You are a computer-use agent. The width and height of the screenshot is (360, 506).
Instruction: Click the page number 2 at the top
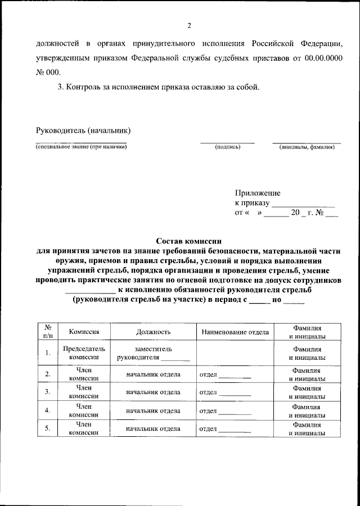click(190, 25)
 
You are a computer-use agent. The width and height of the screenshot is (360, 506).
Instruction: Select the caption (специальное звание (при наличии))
click(81, 147)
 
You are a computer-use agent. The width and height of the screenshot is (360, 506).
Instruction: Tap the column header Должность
click(153, 332)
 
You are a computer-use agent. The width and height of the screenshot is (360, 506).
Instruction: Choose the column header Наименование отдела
click(235, 332)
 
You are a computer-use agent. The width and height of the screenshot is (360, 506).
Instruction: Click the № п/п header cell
click(48, 332)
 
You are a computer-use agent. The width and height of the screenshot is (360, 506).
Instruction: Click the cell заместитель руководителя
click(153, 353)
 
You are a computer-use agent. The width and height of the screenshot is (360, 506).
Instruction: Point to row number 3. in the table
click(48, 391)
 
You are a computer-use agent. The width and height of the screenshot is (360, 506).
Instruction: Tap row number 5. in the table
click(48, 428)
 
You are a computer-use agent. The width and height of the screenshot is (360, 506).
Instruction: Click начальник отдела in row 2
click(153, 374)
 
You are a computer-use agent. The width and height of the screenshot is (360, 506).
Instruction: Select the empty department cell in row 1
click(235, 353)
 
